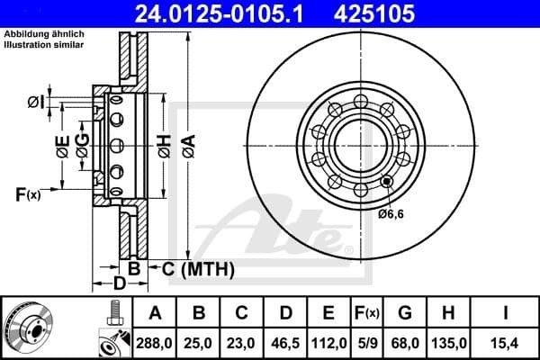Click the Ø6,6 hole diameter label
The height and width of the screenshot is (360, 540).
pos(391,213)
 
